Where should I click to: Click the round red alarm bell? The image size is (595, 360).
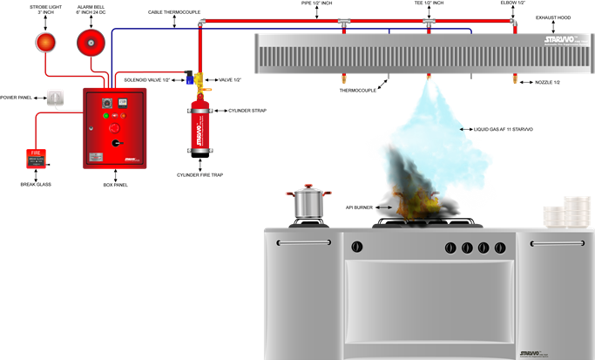pyautogui.click(x=91, y=41)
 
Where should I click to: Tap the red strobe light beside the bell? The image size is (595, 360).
pyautogui.click(x=45, y=41)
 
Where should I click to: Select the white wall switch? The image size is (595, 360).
pyautogui.click(x=56, y=98)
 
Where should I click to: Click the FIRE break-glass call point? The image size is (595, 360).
pyautogui.click(x=36, y=158)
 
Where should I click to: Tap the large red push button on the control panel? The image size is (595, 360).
pyautogui.click(x=113, y=128)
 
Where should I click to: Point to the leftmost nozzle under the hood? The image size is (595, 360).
pyautogui.click(x=343, y=81)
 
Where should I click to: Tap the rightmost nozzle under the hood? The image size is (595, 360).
pyautogui.click(x=513, y=81)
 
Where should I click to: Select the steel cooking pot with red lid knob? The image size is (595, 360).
pyautogui.click(x=308, y=202)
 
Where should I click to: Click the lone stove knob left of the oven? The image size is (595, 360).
pyautogui.click(x=357, y=247)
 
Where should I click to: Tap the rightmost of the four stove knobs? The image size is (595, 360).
pyautogui.click(x=500, y=248)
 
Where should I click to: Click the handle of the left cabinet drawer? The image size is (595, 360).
pyautogui.click(x=303, y=242)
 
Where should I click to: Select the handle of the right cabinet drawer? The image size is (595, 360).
pyautogui.click(x=558, y=242)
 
